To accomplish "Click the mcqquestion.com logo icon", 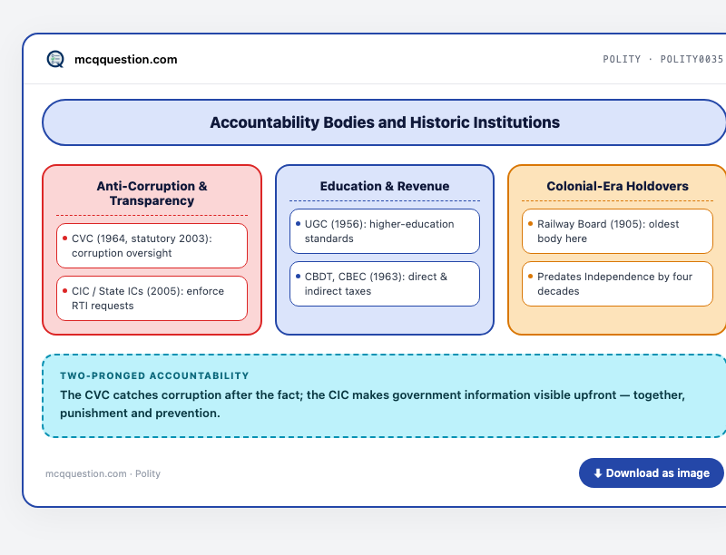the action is [55, 59].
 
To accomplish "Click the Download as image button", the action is [651, 472].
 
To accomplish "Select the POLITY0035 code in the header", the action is [692, 59].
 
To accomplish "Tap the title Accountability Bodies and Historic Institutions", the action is [385, 122].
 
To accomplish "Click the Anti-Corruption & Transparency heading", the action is [152, 193].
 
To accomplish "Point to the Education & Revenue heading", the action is [385, 186].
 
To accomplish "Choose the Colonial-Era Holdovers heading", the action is [617, 186].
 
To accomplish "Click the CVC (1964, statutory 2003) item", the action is [152, 246].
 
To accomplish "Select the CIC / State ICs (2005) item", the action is [152, 298].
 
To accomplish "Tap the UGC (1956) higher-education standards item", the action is [385, 231].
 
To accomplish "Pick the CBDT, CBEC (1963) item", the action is [385, 284].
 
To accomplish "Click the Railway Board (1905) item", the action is [617, 231].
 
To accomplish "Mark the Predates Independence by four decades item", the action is [617, 284].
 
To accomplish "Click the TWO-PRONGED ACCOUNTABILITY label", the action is [154, 375].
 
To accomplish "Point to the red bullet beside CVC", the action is [64, 239].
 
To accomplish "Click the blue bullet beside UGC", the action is [298, 224].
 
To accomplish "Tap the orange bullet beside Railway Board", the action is [530, 224].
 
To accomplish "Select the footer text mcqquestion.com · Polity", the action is [103, 473].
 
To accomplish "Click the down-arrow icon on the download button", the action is [598, 473].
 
